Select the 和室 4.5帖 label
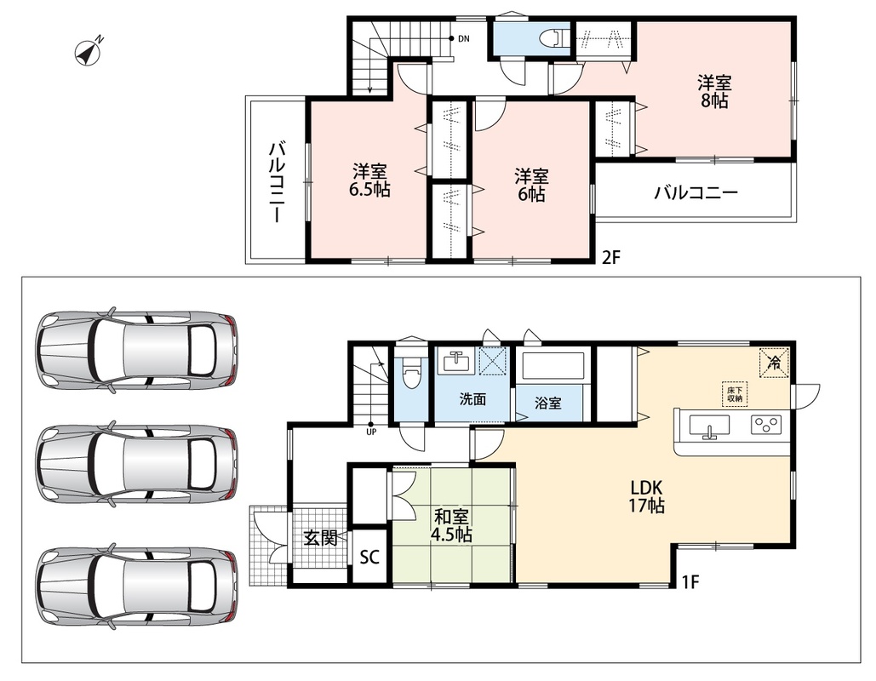tap(451, 526)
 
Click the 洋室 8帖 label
tap(714, 92)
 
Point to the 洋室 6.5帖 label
tap(369, 180)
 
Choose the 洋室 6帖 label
tap(531, 185)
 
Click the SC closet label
tap(369, 557)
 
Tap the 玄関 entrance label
tap(321, 538)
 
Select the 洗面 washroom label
tap(472, 399)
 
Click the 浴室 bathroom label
tap(548, 403)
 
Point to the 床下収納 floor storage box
tap(735, 394)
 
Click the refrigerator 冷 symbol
tap(775, 362)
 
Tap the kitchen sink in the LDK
tap(709, 428)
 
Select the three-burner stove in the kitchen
tap(765, 426)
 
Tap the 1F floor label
tap(690, 582)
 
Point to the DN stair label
tap(464, 38)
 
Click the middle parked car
tap(137, 465)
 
